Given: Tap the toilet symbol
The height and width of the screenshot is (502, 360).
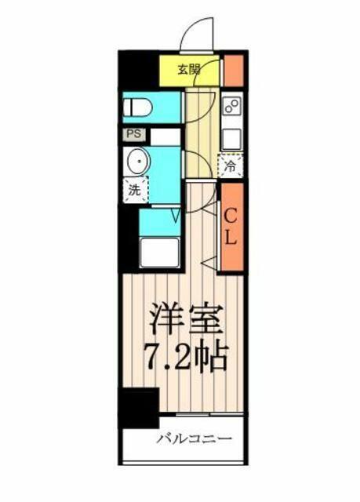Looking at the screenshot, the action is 138,107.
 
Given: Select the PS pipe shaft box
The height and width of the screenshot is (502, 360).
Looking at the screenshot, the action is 134,134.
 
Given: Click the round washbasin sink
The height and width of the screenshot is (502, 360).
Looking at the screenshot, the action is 139,162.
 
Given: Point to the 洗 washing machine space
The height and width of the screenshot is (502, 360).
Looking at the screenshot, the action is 136,190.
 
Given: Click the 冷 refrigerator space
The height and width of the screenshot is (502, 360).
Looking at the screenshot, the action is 231,166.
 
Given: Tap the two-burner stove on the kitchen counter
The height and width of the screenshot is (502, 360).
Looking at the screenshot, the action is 232,106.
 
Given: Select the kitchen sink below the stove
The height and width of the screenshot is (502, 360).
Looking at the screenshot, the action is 232,139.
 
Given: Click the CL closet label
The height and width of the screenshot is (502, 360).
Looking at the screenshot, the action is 230,227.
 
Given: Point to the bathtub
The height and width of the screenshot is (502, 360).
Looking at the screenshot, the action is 160,253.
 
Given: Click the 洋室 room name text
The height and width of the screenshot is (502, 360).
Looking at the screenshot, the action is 187,318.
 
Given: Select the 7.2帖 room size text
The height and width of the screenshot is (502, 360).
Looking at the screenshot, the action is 187,357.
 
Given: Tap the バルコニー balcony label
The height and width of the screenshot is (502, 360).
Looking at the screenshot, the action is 194,438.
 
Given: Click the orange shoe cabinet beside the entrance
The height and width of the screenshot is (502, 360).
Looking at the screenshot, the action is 234,71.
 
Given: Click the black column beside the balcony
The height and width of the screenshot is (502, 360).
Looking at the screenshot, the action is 140,407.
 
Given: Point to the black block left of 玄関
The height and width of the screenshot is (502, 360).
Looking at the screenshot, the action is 140,71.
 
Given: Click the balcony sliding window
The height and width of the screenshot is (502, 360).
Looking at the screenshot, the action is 209,414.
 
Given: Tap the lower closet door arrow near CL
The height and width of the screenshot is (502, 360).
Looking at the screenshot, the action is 209,263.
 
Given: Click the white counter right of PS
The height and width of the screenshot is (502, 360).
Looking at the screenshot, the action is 165,136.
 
